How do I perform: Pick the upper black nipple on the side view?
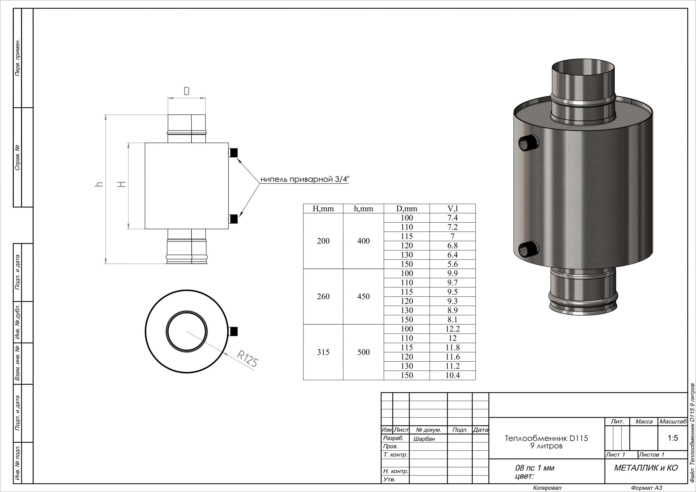[x=233, y=153]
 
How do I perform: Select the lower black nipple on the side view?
[x=233, y=219]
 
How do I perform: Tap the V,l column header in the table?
[x=453, y=208]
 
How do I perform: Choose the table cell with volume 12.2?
[x=453, y=329]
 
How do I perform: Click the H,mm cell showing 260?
[x=323, y=296]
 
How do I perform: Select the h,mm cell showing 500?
[x=363, y=352]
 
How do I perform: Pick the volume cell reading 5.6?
[x=453, y=264]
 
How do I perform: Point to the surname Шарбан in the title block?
[x=424, y=439]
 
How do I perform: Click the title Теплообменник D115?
[x=546, y=438]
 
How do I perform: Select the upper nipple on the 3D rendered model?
[x=529, y=142]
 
